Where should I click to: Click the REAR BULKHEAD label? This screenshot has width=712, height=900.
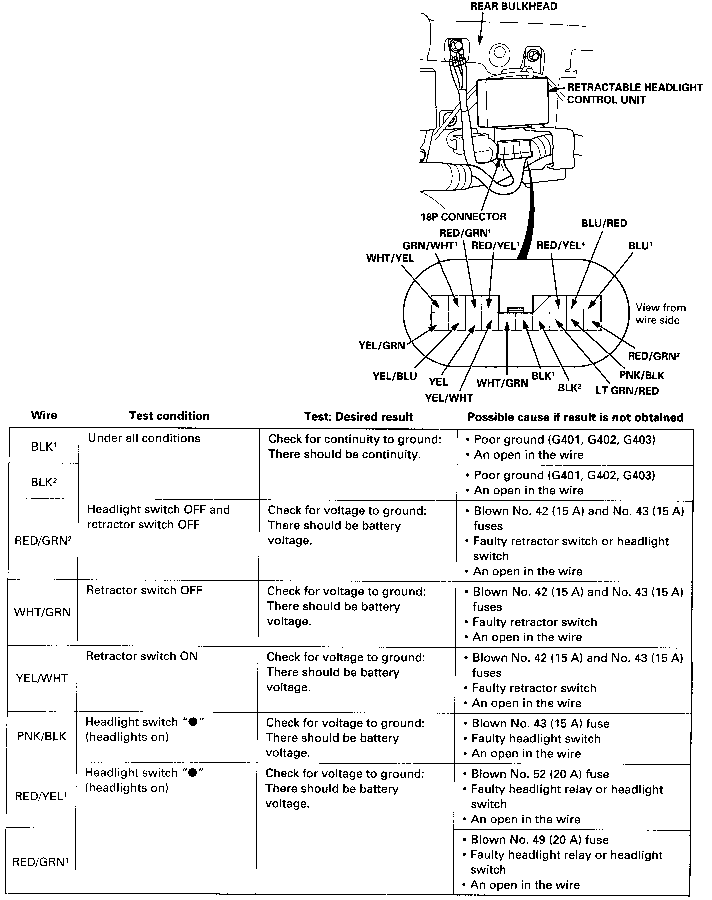coord(514,7)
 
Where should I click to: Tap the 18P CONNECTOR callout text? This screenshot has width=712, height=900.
coord(463,217)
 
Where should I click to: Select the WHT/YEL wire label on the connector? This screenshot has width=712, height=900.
coord(390,258)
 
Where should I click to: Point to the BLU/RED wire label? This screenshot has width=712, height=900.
coord(604,223)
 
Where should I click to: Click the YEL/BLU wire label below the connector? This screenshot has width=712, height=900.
coord(395,376)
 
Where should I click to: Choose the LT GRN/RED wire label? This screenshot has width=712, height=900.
coord(627,391)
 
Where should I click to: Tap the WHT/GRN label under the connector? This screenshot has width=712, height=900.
coord(502,383)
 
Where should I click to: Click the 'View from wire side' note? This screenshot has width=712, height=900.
coord(660,314)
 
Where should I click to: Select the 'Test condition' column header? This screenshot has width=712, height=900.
coord(169,416)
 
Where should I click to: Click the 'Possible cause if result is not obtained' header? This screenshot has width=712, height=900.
coord(575,417)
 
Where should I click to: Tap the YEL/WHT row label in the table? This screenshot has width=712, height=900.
coord(42,678)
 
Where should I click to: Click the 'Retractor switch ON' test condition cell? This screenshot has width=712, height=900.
coord(142,656)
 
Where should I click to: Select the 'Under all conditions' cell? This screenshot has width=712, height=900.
coord(144,438)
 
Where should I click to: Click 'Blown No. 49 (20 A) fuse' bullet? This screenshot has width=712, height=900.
coord(539,840)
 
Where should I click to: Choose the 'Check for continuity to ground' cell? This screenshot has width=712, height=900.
coord(354,447)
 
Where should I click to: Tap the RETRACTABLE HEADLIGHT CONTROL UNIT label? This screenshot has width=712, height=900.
coord(634,94)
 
